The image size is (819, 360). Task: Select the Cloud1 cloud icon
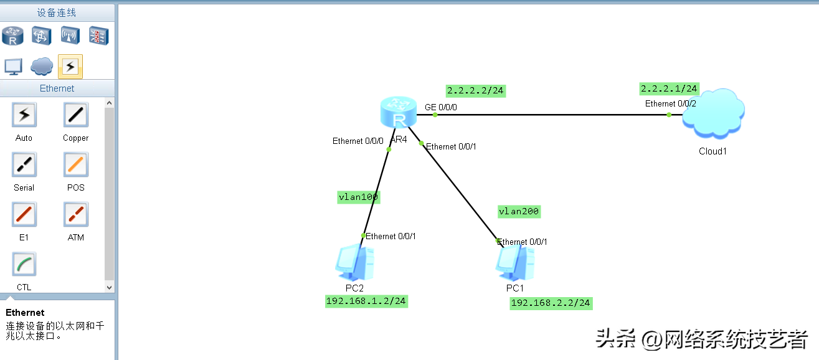click(x=713, y=113)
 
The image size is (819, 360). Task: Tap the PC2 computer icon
click(x=354, y=263)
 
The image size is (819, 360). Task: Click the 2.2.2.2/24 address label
click(x=475, y=91)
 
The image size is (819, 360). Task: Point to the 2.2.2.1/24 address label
click(x=670, y=88)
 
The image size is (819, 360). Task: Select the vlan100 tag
click(x=359, y=197)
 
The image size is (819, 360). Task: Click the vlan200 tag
click(x=519, y=212)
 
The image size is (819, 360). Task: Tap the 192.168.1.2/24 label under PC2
click(x=366, y=301)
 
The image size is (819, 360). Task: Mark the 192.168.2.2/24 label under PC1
click(x=551, y=303)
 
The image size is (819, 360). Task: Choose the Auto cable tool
click(x=24, y=115)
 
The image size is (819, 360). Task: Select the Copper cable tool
click(x=76, y=115)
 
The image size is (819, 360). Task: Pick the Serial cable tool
click(x=24, y=165)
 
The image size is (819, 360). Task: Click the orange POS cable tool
click(x=76, y=165)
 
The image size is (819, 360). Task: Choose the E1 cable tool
click(x=24, y=215)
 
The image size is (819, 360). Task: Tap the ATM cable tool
click(x=76, y=215)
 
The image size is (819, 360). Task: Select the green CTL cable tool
click(x=24, y=265)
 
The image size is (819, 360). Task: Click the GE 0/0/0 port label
click(x=441, y=107)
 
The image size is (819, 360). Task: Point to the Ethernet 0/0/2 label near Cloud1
click(x=670, y=103)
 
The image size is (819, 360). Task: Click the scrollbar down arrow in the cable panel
click(x=110, y=288)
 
